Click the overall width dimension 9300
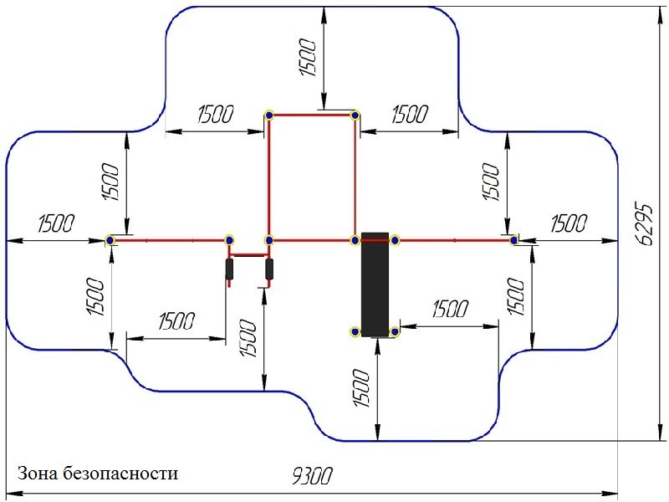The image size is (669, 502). pos(312,477)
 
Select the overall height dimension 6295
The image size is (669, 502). pos(645,223)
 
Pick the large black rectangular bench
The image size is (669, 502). pos(375,282)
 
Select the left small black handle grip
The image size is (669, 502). pos(229,269)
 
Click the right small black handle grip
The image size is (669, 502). pos(269,269)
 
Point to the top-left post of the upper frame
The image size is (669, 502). pos(269,115)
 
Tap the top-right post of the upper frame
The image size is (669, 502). pos(355,115)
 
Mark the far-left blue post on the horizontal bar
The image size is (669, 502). pos(110,241)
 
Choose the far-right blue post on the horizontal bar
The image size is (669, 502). pos(515,241)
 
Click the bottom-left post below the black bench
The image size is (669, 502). pos(355,332)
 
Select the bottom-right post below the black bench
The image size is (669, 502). pos(396,332)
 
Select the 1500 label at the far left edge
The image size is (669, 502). pos(56,223)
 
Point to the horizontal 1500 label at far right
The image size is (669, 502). pos(567,223)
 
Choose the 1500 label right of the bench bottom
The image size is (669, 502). pos(449,309)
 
